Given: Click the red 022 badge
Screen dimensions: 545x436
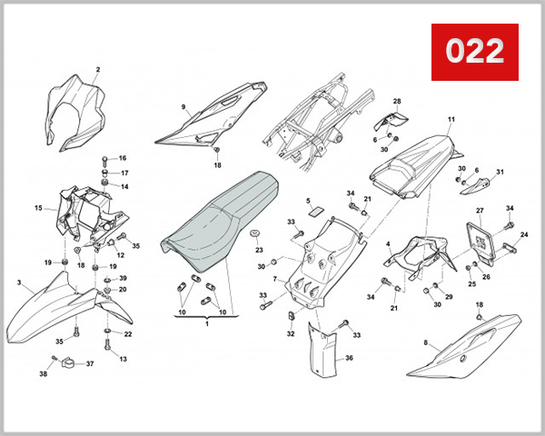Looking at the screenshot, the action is pos(475,52).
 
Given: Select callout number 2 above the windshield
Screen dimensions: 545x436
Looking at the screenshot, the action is pos(98,70).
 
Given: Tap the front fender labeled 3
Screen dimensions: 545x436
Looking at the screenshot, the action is pos(66,306).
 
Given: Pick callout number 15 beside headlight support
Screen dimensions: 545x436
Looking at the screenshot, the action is pos(38,208).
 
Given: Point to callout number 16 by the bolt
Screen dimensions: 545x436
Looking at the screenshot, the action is pos(123,158).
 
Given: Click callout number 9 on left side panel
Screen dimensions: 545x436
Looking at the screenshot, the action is pos(183,107).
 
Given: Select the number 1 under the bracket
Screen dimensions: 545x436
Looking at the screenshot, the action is pos(207,324).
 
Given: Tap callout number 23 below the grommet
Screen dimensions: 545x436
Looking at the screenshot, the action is pos(259,250).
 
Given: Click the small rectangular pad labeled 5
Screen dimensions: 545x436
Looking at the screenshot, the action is pos(316,212).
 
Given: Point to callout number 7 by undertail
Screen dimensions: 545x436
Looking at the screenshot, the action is pos(275,279).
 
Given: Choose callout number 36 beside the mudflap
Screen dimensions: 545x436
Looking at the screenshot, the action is pos(349,358).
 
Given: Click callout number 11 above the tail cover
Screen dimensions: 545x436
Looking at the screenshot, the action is pos(451,119).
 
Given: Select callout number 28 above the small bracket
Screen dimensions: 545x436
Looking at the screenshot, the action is pos(397,101).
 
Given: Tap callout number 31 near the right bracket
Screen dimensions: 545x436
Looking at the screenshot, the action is pos(500,172).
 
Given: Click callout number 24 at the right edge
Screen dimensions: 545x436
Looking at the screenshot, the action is pos(524,234).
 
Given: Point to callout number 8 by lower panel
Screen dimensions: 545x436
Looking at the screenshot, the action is pos(426,342).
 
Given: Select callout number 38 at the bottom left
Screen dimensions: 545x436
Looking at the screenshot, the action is pos(43,374).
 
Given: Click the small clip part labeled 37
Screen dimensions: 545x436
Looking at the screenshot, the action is pos(68,363).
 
